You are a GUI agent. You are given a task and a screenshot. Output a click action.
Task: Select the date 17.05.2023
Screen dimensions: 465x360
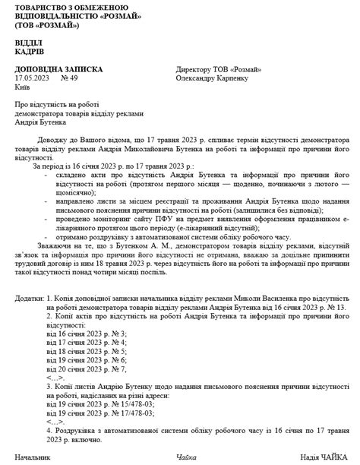[x=30, y=77]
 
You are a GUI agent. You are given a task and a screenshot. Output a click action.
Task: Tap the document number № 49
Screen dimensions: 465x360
[x=68, y=77]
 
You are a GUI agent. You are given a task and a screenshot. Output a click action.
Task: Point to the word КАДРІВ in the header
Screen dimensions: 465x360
[x=29, y=52]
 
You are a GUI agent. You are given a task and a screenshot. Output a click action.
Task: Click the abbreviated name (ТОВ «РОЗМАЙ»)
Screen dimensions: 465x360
[x=46, y=24]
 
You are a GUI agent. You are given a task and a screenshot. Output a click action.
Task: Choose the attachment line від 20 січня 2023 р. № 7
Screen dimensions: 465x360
[x=86, y=369]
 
